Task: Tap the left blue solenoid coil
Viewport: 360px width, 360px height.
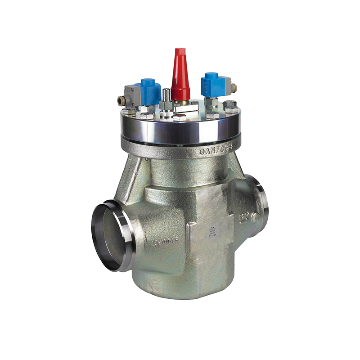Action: pyautogui.click(x=150, y=91)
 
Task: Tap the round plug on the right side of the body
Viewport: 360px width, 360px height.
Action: pyautogui.click(x=255, y=217)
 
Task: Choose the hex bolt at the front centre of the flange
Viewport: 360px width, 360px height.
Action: pyautogui.click(x=180, y=118)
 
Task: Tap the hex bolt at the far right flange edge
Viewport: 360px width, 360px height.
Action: pyautogui.click(x=231, y=108)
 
